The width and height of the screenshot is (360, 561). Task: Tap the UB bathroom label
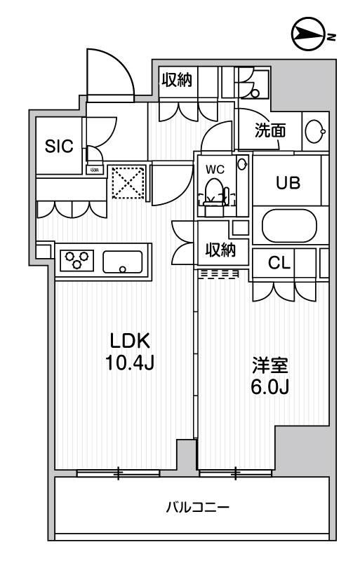(x=287, y=183)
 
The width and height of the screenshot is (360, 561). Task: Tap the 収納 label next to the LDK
(x=220, y=249)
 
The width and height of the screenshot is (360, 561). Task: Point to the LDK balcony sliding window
(x=119, y=473)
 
